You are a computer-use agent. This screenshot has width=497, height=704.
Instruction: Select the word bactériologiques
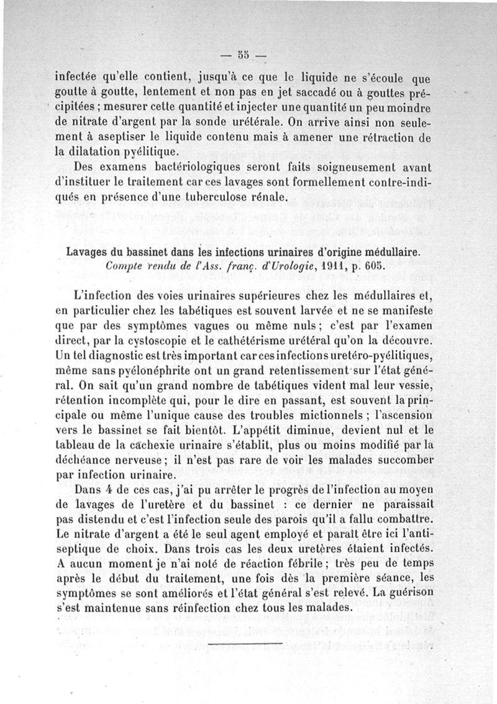(175, 168)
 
